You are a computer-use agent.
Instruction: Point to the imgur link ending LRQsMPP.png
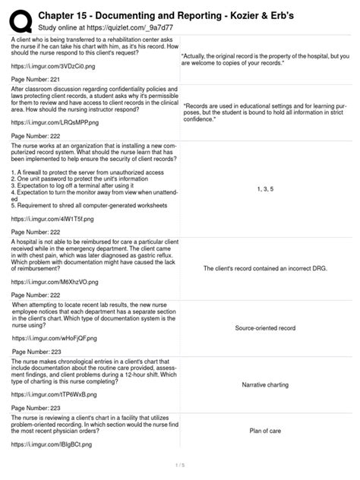[52, 122]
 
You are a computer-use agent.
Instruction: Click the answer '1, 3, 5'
[266, 188]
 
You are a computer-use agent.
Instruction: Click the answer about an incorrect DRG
[266, 268]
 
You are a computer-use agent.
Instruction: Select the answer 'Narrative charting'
[266, 386]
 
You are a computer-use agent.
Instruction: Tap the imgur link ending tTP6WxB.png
[51, 396]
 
